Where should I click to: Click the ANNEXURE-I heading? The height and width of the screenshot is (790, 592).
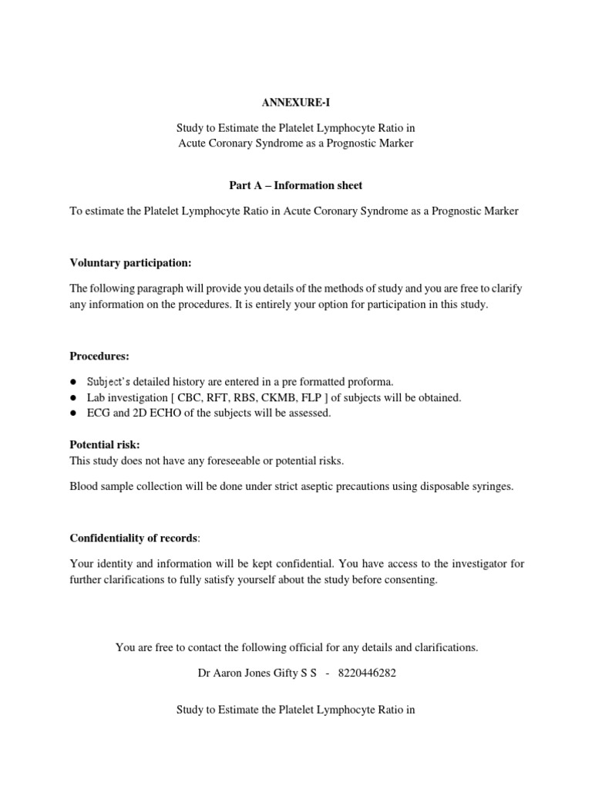pos(295,102)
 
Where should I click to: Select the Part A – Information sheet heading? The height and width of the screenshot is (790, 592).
pos(296,185)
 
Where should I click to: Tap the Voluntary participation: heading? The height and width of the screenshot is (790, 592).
pos(130,263)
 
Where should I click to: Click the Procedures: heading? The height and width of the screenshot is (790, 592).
pos(99,356)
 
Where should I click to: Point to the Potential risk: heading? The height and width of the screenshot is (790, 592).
pos(105,444)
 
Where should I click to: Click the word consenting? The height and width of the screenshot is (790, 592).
pos(414,579)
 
